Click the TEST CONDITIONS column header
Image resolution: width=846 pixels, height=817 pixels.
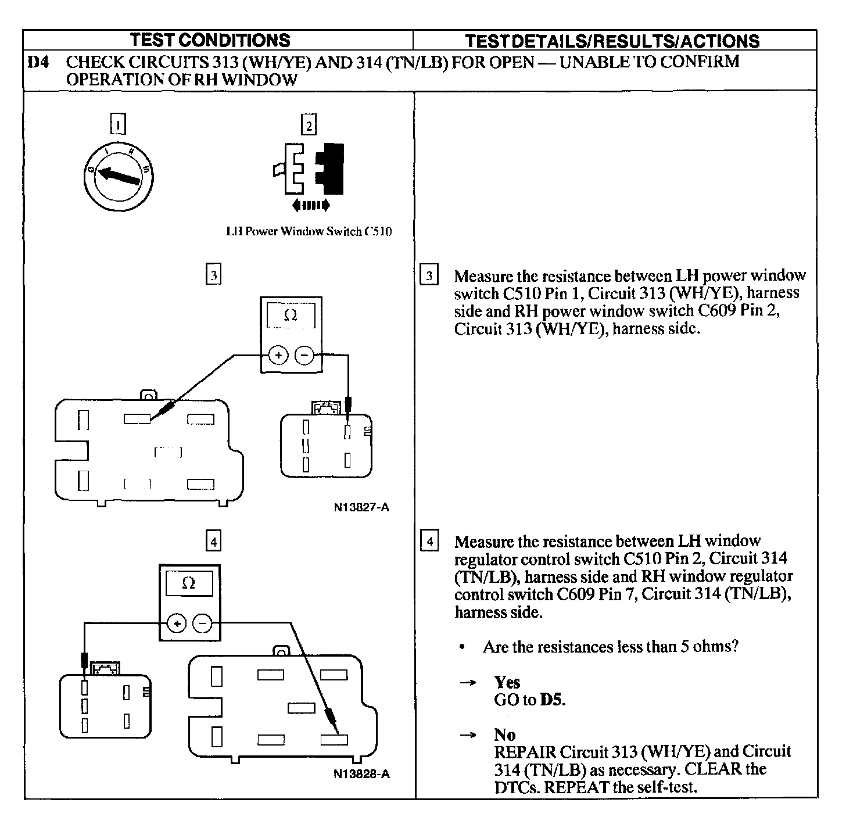[x=210, y=40]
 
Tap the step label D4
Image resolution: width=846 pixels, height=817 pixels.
[x=38, y=62]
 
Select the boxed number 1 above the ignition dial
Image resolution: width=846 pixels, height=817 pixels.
[x=118, y=124]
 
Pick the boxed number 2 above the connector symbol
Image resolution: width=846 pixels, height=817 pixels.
[x=308, y=125]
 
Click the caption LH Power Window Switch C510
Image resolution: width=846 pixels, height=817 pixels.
[x=309, y=231]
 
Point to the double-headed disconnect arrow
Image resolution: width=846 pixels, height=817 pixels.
[x=311, y=205]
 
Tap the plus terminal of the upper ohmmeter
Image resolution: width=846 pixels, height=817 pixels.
[x=278, y=354]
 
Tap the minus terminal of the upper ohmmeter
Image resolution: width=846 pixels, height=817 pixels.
[x=304, y=354]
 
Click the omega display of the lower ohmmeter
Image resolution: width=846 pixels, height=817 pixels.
[x=189, y=583]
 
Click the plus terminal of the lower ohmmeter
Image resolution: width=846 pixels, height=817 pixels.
[x=177, y=623]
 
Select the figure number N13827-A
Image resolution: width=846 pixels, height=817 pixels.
[x=361, y=507]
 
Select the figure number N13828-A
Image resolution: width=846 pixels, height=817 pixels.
[x=361, y=774]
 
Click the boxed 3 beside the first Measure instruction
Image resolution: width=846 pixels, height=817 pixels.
[x=429, y=276]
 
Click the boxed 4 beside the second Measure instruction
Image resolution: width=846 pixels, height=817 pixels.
[x=429, y=542]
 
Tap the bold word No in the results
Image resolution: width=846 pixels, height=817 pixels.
[x=504, y=734]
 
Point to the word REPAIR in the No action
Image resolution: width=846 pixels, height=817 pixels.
[x=525, y=752]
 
